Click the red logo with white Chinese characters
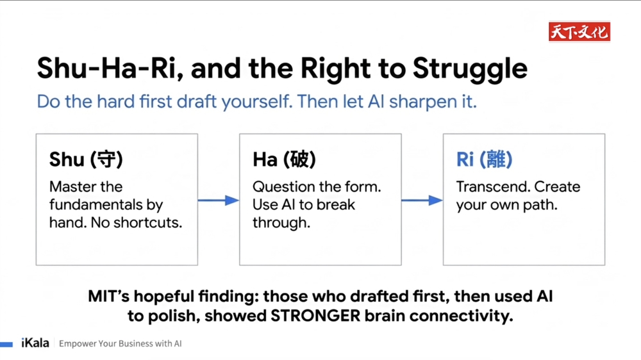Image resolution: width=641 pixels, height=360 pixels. (x=579, y=32)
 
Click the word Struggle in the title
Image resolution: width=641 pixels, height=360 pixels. (x=470, y=69)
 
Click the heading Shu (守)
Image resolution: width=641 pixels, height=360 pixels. (x=86, y=159)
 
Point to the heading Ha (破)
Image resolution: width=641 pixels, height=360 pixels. (x=284, y=159)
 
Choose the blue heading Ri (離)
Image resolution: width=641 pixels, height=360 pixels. (x=484, y=159)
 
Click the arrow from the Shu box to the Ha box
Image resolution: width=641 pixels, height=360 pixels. (x=219, y=200)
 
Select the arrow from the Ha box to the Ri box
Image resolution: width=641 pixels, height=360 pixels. (x=422, y=200)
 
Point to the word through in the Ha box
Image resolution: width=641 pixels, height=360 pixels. (x=281, y=223)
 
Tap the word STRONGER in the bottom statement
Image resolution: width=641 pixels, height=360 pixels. (x=315, y=316)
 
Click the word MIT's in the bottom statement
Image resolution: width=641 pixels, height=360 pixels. (x=108, y=296)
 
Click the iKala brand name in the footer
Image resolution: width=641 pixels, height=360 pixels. (x=35, y=343)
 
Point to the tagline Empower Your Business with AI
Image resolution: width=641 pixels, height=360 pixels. (x=121, y=343)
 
